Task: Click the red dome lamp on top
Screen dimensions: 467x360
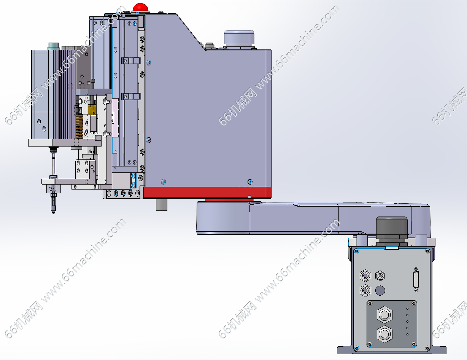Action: [x=141, y=8]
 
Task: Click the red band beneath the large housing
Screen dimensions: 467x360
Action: [x=207, y=193]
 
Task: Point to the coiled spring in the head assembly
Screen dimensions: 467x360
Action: [x=79, y=126]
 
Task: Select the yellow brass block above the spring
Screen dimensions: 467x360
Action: [x=92, y=110]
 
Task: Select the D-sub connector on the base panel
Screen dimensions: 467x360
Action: [x=416, y=280]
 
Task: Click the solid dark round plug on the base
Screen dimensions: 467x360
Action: [x=380, y=290]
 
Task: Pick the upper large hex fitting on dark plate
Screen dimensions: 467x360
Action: [x=384, y=315]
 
